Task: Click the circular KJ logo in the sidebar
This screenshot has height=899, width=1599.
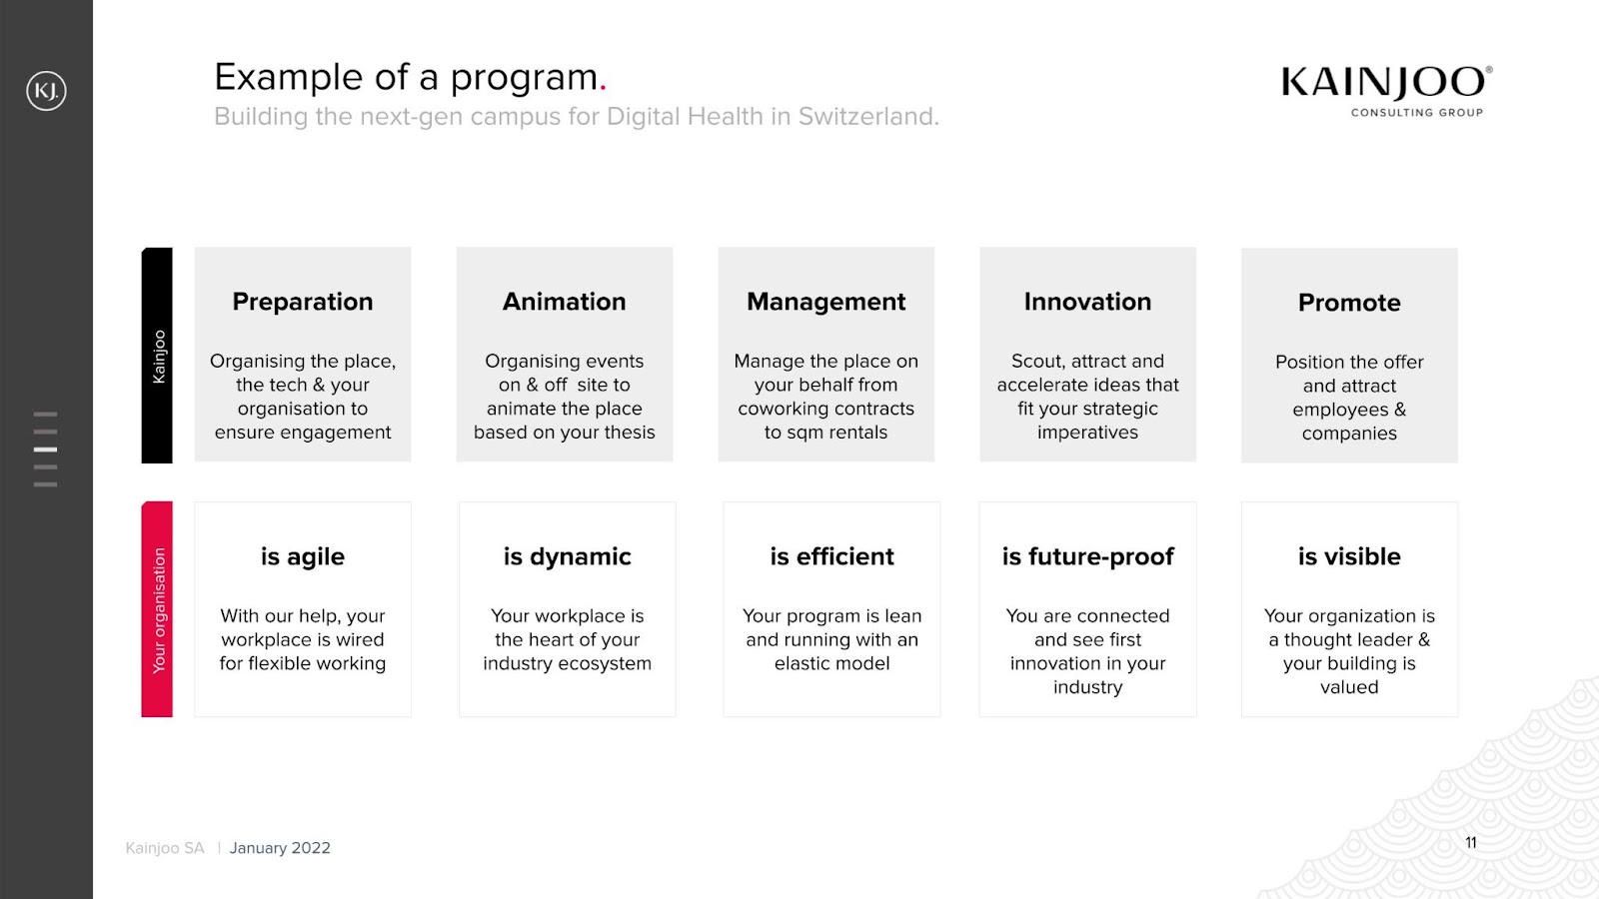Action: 46,91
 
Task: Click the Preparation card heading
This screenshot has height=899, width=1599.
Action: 303,302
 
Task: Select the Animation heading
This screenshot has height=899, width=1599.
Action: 564,302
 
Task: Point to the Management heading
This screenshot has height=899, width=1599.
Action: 825,303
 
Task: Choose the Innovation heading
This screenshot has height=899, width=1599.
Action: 1087,302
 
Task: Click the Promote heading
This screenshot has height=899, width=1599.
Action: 1349,303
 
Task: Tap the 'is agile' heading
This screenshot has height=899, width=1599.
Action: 303,557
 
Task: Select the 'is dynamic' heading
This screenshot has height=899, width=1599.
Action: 567,557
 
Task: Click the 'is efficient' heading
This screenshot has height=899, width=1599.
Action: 831,556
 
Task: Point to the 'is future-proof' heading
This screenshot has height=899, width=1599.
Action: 1088,557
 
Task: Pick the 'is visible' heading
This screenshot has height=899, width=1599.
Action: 1349,556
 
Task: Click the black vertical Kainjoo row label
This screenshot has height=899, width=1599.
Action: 157,356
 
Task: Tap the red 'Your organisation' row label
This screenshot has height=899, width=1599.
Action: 157,609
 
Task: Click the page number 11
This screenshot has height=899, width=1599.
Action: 1470,843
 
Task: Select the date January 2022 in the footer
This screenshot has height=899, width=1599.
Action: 280,848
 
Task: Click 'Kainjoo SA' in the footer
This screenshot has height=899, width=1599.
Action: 165,848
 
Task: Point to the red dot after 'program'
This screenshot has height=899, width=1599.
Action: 604,89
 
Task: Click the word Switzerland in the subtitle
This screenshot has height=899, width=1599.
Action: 868,116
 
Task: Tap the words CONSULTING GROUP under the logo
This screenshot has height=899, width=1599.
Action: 1417,113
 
